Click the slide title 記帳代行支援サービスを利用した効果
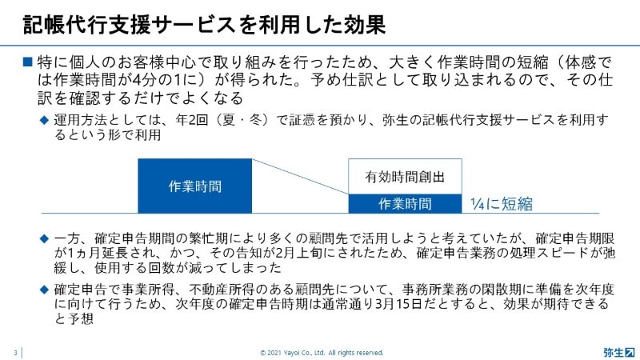(x=204, y=25)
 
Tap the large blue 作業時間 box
(x=194, y=186)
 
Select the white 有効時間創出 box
(x=405, y=176)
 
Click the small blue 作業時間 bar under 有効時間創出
(x=405, y=204)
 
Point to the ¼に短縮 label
(x=502, y=204)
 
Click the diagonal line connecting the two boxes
(x=300, y=176)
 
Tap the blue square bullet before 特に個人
(x=27, y=62)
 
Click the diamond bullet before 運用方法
(x=44, y=121)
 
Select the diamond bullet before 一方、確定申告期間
(x=44, y=238)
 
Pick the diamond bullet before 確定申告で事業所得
(x=44, y=290)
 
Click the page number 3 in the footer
(x=15, y=353)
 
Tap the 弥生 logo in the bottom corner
(x=619, y=352)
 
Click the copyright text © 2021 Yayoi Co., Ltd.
(x=293, y=353)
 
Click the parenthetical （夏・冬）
(x=242, y=120)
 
